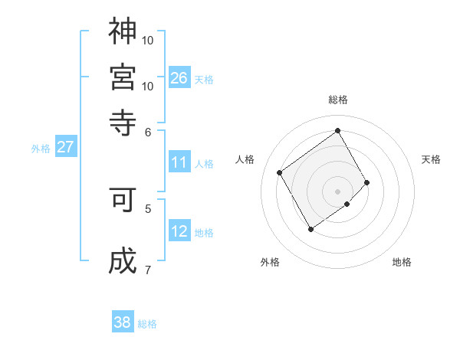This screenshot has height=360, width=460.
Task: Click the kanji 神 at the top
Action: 123,31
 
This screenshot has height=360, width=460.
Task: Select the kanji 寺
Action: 123,121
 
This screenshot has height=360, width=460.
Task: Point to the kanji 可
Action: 123,200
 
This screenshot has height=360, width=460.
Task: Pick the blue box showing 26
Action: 179,77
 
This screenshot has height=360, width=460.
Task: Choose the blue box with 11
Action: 179,162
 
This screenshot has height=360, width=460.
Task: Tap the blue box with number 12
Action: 179,231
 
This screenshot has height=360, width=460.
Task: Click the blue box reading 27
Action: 65,147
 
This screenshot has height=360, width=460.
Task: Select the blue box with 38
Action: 123,322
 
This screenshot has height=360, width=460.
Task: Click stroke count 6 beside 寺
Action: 149,131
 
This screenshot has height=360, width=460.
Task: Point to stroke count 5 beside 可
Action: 149,208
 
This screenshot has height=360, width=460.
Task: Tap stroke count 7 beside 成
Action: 149,269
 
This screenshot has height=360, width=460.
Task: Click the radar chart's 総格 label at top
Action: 338,100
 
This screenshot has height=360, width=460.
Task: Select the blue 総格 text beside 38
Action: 147,324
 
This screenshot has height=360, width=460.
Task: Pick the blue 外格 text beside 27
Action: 41,149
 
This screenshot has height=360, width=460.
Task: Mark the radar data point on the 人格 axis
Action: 280,172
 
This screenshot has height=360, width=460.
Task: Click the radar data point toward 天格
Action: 367,182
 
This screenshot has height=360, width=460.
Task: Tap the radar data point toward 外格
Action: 310,229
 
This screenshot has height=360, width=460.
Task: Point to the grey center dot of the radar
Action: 338,191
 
